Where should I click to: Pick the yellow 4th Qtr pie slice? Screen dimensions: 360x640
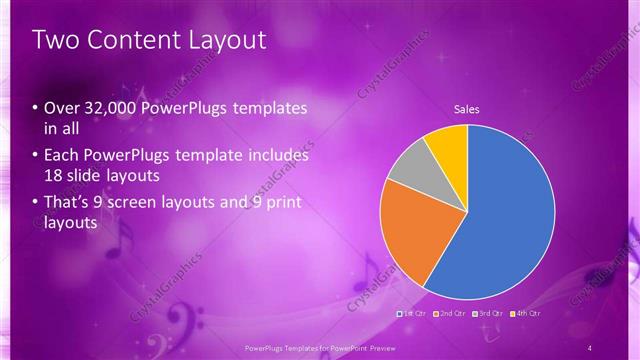445,144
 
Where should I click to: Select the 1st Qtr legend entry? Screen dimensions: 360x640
415,313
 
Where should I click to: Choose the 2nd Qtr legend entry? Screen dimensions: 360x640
450,313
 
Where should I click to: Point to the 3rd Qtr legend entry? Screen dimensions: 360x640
488,313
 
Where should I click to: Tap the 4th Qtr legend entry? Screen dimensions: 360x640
526,313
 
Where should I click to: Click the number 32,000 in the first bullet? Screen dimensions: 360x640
109,108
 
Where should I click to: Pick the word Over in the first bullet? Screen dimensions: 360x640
62,108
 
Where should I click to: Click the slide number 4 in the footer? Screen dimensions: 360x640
590,347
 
